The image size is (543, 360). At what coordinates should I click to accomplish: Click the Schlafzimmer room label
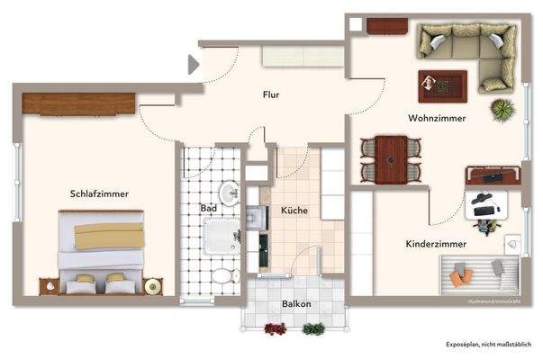(99, 193)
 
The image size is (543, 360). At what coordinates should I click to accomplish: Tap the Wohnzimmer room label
(436, 117)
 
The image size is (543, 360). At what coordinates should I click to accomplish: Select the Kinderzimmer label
(434, 244)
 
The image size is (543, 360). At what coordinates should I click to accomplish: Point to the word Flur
(271, 94)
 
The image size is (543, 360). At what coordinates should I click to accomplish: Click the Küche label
(294, 210)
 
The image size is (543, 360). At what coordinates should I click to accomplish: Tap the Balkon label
(295, 304)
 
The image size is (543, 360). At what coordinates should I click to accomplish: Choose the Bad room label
(209, 208)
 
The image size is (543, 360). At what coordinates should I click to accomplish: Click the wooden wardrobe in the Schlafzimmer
(79, 103)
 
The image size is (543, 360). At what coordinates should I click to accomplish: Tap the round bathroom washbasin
(229, 191)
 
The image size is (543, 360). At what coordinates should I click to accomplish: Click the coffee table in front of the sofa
(442, 85)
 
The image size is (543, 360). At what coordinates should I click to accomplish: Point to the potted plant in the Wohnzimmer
(502, 110)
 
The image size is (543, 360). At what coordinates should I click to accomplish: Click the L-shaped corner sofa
(468, 49)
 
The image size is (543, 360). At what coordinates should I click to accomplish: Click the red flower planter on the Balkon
(276, 329)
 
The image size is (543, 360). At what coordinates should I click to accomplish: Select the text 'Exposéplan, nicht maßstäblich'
(488, 345)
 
